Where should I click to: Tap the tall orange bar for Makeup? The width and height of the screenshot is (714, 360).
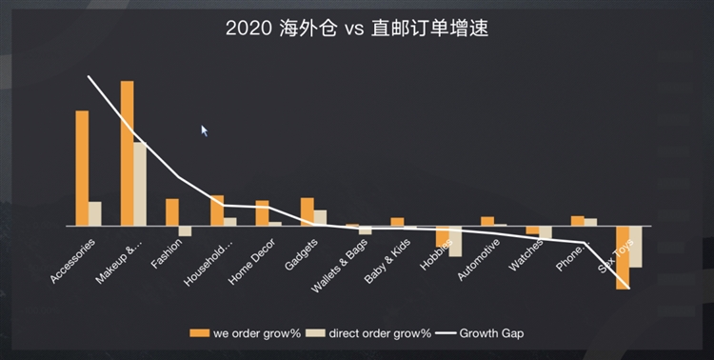127,153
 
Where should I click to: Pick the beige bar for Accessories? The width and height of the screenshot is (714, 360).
95,214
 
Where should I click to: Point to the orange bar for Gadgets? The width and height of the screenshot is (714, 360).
307,212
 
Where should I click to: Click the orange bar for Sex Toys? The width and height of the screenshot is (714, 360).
623,257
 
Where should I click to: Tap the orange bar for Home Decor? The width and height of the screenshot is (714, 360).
262,213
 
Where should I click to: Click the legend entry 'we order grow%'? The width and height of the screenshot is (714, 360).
247,333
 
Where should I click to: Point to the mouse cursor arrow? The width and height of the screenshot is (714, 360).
204,130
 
